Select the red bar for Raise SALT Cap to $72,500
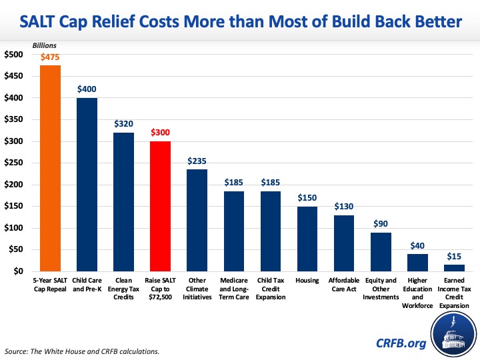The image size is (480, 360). point(160,206)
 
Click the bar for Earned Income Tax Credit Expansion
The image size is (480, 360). point(454,268)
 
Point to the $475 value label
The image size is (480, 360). point(50,58)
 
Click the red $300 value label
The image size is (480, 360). point(160,133)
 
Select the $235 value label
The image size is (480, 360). point(197,161)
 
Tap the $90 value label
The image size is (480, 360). point(381,225)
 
